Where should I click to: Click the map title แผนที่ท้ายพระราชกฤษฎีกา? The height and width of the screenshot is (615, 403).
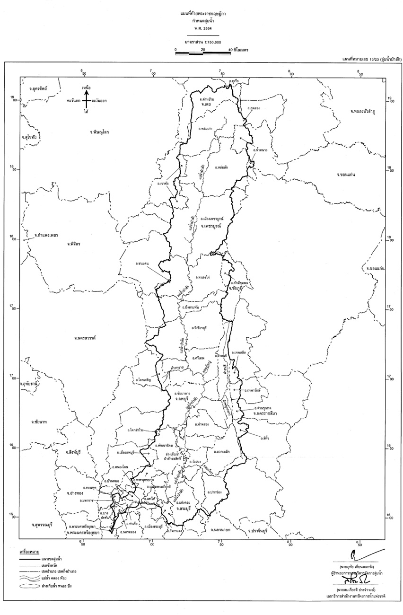tap(200, 17)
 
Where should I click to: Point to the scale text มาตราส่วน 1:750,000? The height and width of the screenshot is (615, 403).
tap(200, 42)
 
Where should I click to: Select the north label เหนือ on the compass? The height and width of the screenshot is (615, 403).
tap(86, 88)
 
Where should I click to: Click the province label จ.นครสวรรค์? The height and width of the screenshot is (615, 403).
tap(85, 338)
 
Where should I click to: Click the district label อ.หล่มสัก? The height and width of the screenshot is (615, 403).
tap(221, 168)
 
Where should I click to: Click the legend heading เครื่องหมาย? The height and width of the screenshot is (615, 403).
tap(29, 552)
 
